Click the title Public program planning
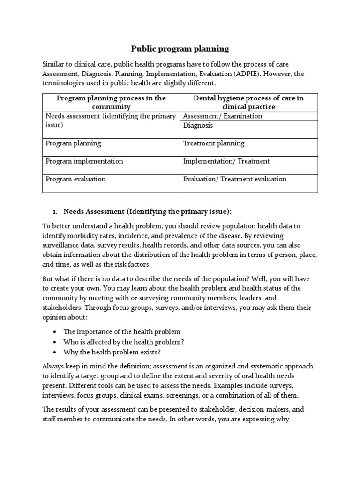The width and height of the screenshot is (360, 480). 180,48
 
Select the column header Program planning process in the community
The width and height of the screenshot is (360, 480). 111,102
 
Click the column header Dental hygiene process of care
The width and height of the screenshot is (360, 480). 249,102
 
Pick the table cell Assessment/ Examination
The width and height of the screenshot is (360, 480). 223,116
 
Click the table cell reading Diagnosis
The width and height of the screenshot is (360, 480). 198,126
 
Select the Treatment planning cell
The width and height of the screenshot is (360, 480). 214,143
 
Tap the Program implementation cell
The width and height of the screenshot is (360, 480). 84,161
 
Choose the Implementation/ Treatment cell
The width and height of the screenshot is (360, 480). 226,161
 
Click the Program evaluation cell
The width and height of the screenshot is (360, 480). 75,179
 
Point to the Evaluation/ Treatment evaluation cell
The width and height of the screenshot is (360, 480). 235,179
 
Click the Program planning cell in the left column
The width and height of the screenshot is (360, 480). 73,143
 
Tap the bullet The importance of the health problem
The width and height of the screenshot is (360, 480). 122,331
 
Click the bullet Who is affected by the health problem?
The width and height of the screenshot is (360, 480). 124,342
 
